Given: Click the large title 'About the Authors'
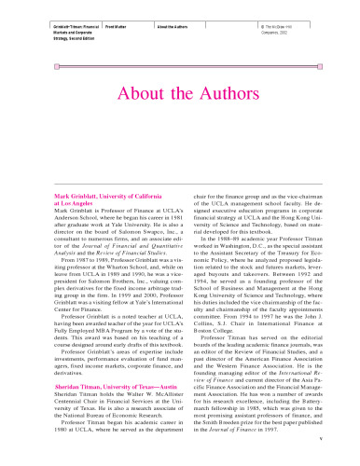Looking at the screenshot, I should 180,97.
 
